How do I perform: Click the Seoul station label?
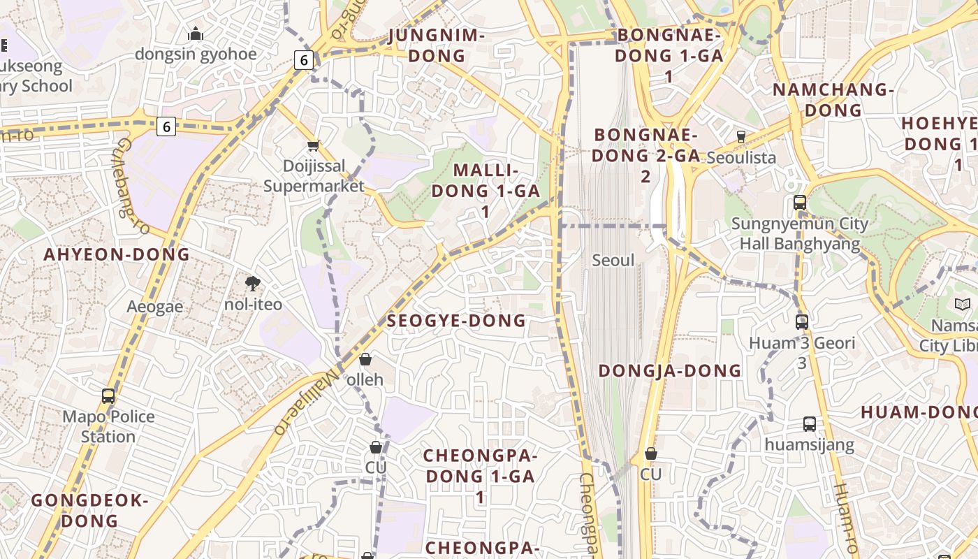613,261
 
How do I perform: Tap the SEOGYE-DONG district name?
456,321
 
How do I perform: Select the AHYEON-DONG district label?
117,254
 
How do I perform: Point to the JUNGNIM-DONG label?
437,45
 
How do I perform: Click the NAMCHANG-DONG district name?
833,100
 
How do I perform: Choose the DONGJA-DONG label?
670,371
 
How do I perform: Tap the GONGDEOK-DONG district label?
89,511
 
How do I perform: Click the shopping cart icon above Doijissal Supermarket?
314,145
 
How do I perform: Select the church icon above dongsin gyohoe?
196,34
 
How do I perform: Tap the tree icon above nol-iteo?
253,283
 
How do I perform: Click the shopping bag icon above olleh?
365,359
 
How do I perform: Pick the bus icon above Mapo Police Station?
108,395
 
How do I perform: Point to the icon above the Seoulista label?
741,136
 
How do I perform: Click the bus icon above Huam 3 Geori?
802,322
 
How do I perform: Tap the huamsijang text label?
809,445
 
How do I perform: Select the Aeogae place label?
155,307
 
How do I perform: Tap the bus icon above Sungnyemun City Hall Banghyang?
800,203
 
